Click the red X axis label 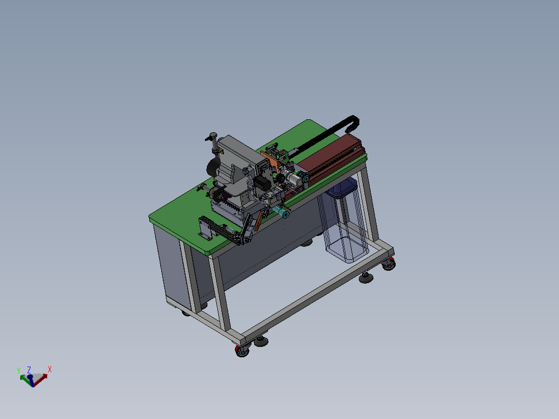(50, 369)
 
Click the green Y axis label (19, 370)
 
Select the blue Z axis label (29, 370)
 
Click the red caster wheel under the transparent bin (389, 264)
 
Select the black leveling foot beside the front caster (261, 342)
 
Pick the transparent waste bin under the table (344, 221)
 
